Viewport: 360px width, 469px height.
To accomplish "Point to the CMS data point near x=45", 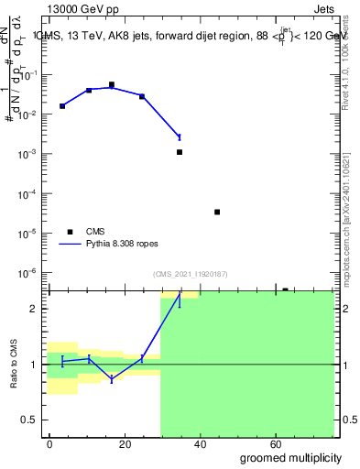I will (217, 212).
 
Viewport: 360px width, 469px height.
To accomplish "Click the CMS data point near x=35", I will (180, 152).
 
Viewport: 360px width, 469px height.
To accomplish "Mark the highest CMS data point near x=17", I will (112, 84).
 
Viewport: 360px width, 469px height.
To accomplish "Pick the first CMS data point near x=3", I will (62, 106).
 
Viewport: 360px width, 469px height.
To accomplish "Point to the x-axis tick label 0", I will (50, 443).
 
